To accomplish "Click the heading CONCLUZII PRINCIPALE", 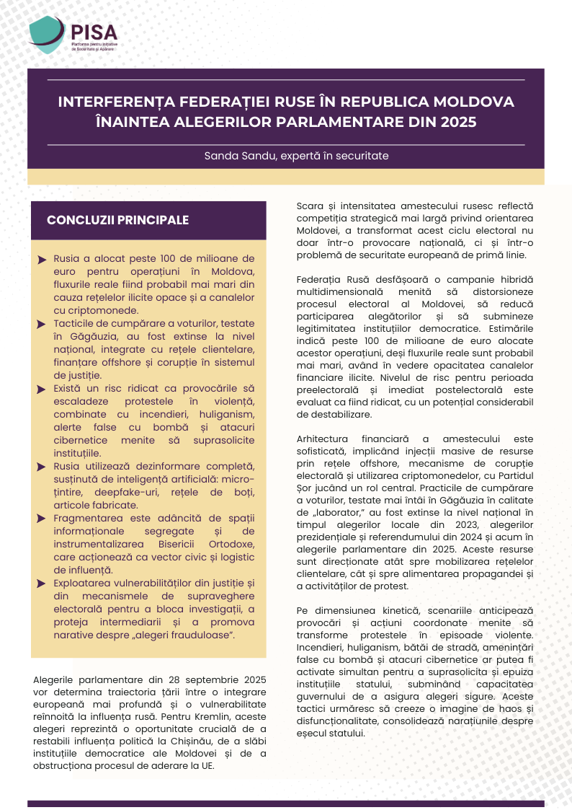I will click(117, 220).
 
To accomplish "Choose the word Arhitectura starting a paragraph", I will click(322, 439).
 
